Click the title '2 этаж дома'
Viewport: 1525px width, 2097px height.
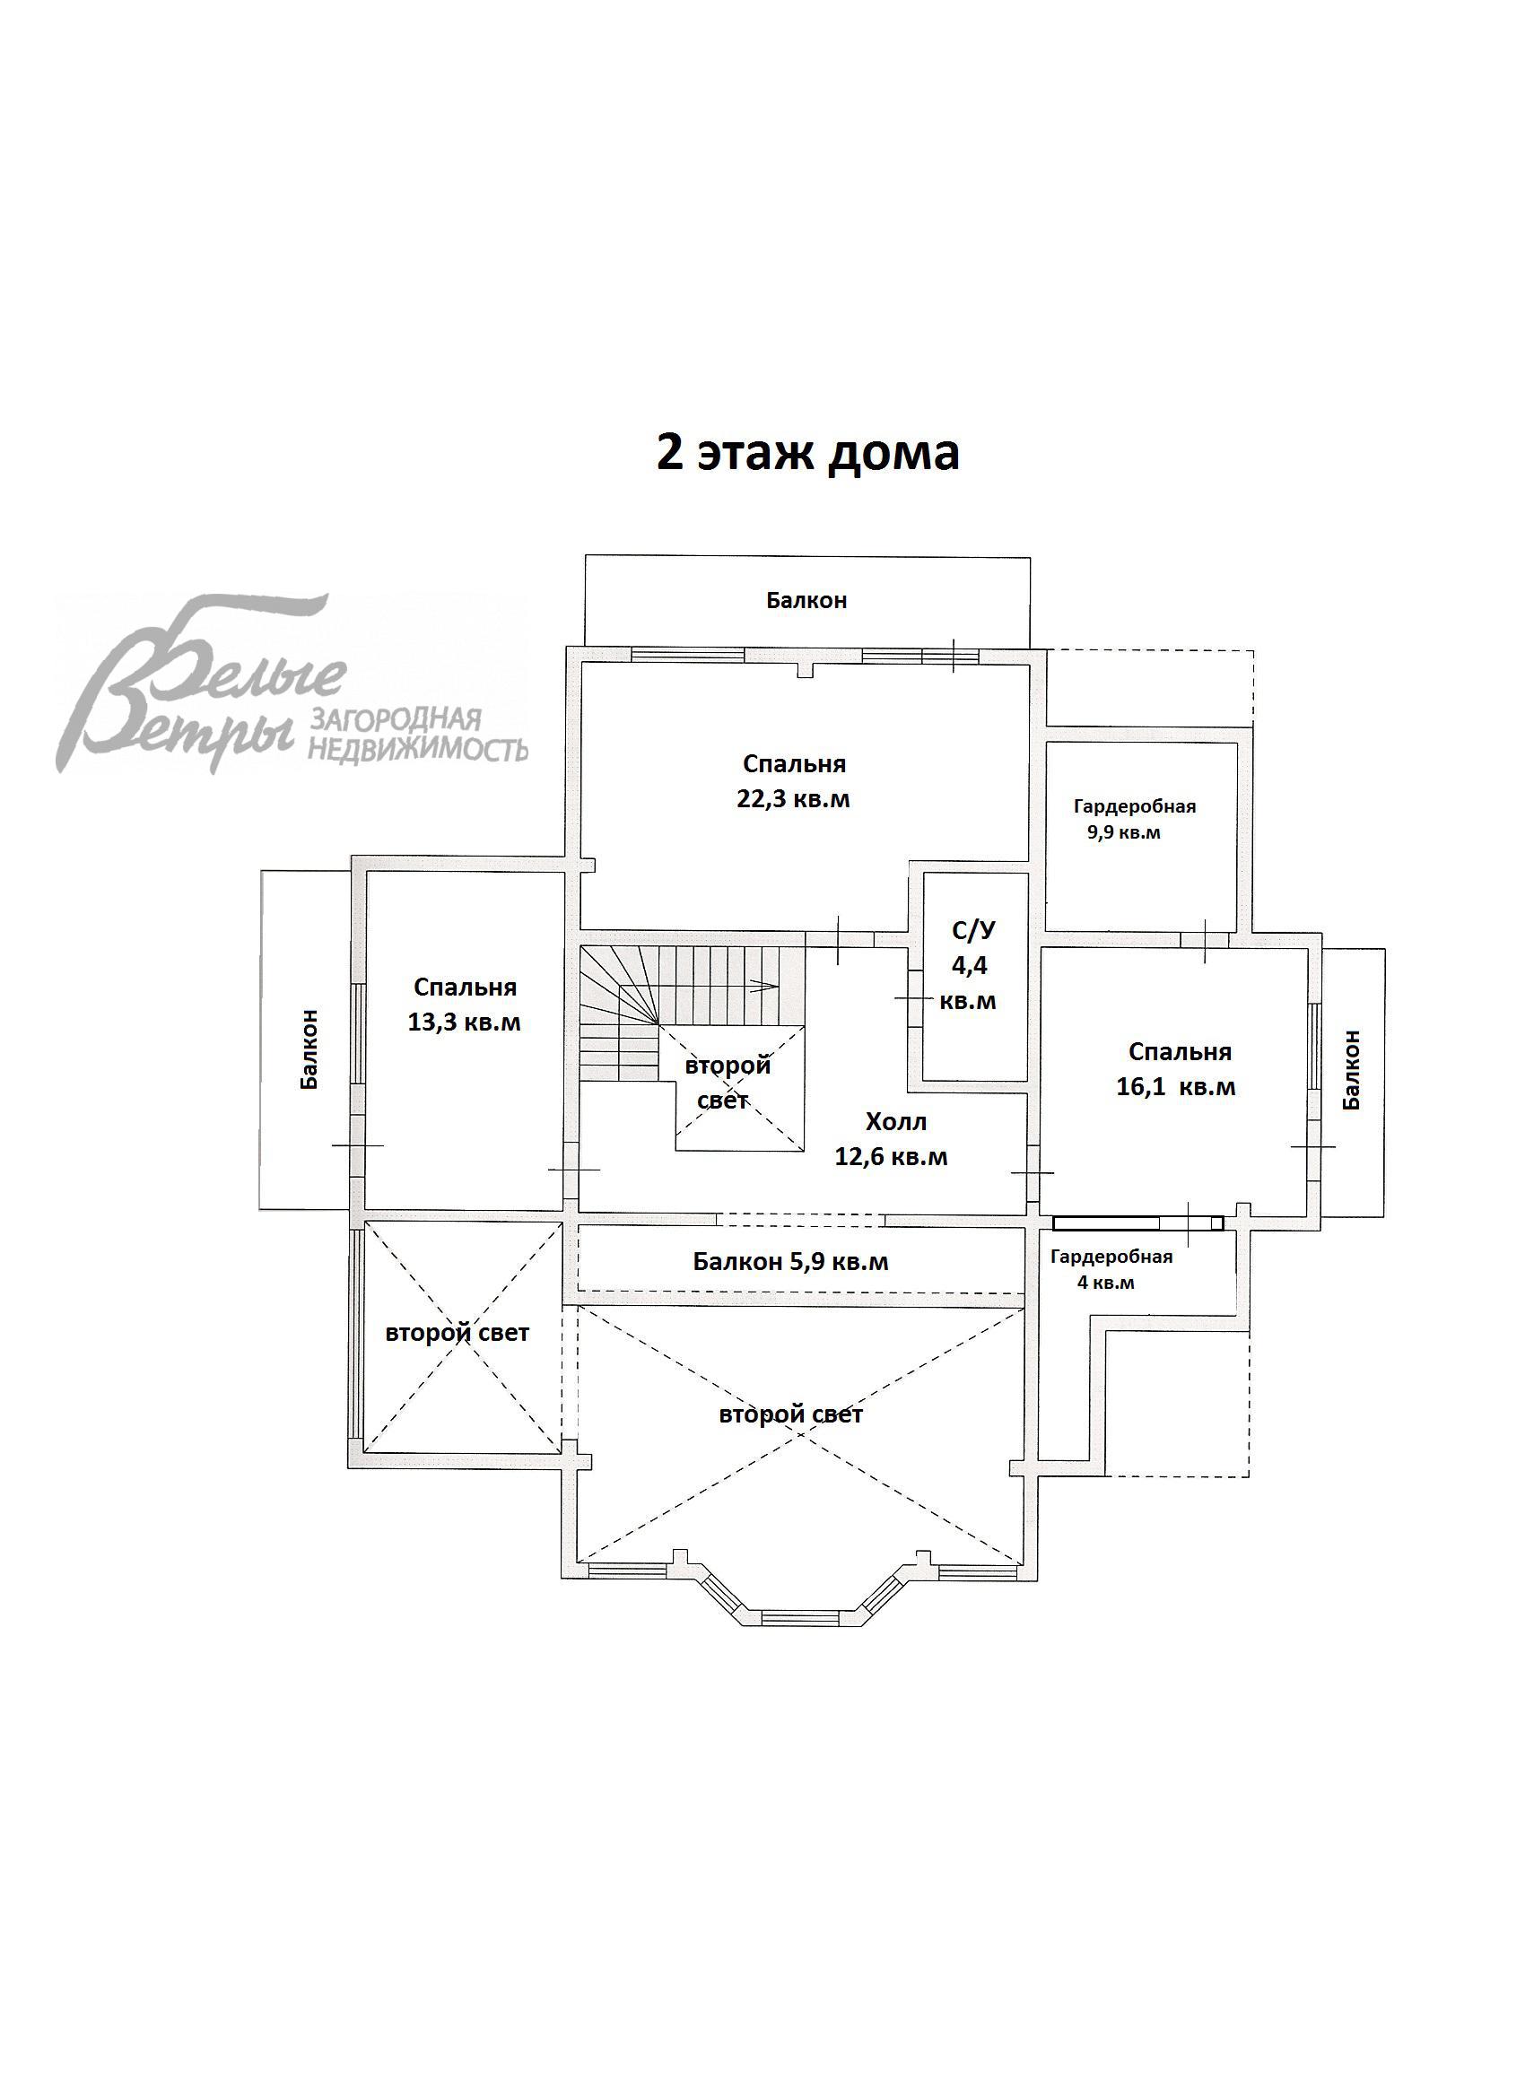pyautogui.click(x=807, y=454)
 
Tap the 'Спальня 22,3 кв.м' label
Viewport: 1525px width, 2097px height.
pyautogui.click(x=794, y=781)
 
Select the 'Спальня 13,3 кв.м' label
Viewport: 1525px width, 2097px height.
pyautogui.click(x=465, y=1005)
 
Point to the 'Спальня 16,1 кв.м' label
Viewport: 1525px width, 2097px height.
pyautogui.click(x=1176, y=1069)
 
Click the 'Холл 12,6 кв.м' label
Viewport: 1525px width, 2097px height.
pyautogui.click(x=892, y=1139)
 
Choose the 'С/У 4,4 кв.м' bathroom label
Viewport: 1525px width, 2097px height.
pyautogui.click(x=968, y=965)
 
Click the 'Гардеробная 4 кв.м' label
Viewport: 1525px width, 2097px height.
pyautogui.click(x=1110, y=1269)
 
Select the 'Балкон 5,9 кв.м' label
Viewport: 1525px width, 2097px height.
pyautogui.click(x=790, y=1262)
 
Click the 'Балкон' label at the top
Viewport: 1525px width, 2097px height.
pyautogui.click(x=806, y=600)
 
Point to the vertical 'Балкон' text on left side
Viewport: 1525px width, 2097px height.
pyautogui.click(x=309, y=1048)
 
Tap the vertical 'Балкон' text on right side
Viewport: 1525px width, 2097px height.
pyautogui.click(x=1351, y=1069)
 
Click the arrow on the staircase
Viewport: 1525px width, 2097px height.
pyautogui.click(x=763, y=986)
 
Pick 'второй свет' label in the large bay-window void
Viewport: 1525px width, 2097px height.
pyautogui.click(x=790, y=1415)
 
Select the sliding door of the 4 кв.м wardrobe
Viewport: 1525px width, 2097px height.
pyautogui.click(x=1137, y=1223)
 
